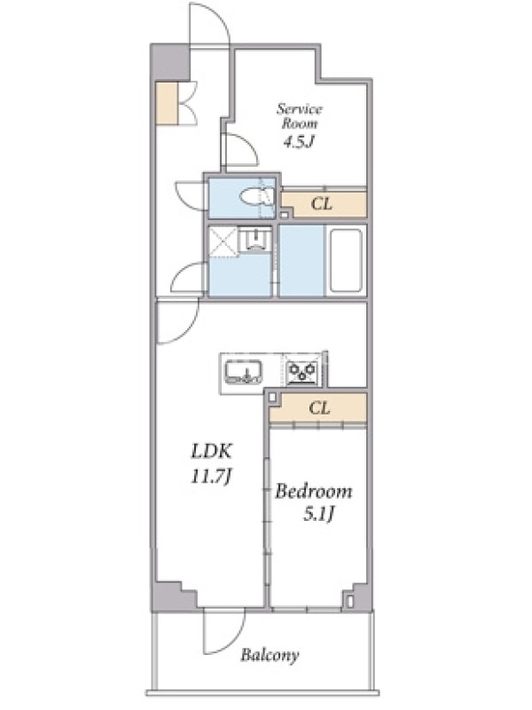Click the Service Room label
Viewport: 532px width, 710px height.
[x=300, y=116]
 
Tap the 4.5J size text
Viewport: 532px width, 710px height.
[x=299, y=142]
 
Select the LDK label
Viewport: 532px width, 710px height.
[x=212, y=451]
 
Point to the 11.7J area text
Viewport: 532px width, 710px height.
[x=212, y=477]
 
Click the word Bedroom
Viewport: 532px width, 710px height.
[x=314, y=492]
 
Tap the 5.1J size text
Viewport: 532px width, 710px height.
[x=319, y=514]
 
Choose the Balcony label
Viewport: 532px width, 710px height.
[x=270, y=655]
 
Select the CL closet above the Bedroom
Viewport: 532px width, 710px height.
[x=318, y=408]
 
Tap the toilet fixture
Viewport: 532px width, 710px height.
[x=257, y=197]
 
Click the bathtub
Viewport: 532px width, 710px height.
[x=346, y=261]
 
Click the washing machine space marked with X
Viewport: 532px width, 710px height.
[x=222, y=242]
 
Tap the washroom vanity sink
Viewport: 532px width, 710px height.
[x=254, y=239]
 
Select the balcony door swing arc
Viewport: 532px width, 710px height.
[x=233, y=643]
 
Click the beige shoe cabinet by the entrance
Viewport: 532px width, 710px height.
[x=167, y=102]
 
